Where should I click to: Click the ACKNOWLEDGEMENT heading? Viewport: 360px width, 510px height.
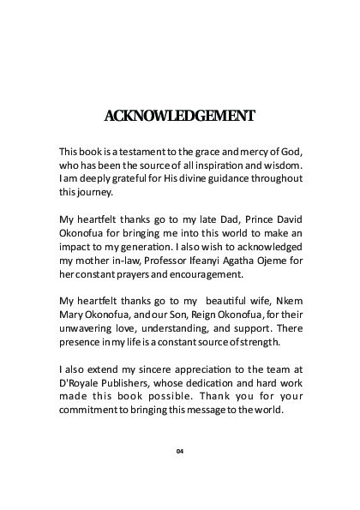point(179,115)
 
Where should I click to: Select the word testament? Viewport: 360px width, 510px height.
point(137,151)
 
